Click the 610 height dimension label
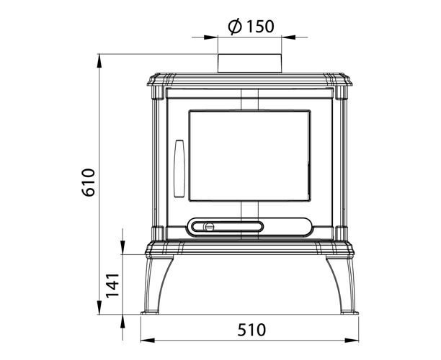click(89, 182)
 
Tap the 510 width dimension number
click(251, 330)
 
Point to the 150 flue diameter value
click(260, 26)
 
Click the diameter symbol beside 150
click(235, 27)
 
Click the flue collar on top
click(249, 63)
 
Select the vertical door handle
click(179, 168)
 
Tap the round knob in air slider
click(209, 227)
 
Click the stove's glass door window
click(250, 156)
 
